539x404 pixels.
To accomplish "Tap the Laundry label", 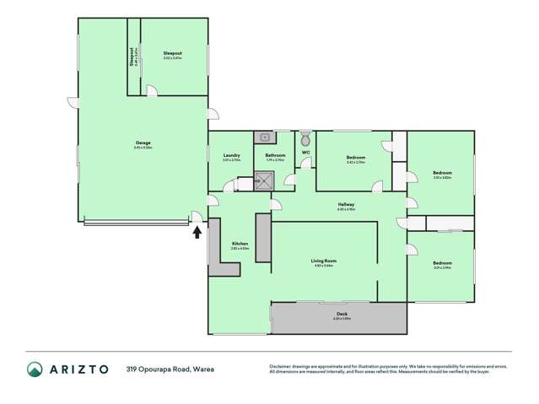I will tap(231, 155).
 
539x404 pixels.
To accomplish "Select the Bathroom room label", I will tap(275, 155).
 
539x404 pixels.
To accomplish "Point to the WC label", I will tap(305, 152).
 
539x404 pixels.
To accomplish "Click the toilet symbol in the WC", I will tap(305, 137).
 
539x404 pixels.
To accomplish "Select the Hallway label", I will tap(346, 204).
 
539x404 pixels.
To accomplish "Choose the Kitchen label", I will tap(240, 245).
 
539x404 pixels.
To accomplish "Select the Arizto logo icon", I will tap(35, 368).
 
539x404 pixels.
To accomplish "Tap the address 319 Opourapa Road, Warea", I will tap(167, 369).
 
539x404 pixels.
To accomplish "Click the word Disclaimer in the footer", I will tap(284, 364).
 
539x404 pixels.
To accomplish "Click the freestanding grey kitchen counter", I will tap(262, 241).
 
